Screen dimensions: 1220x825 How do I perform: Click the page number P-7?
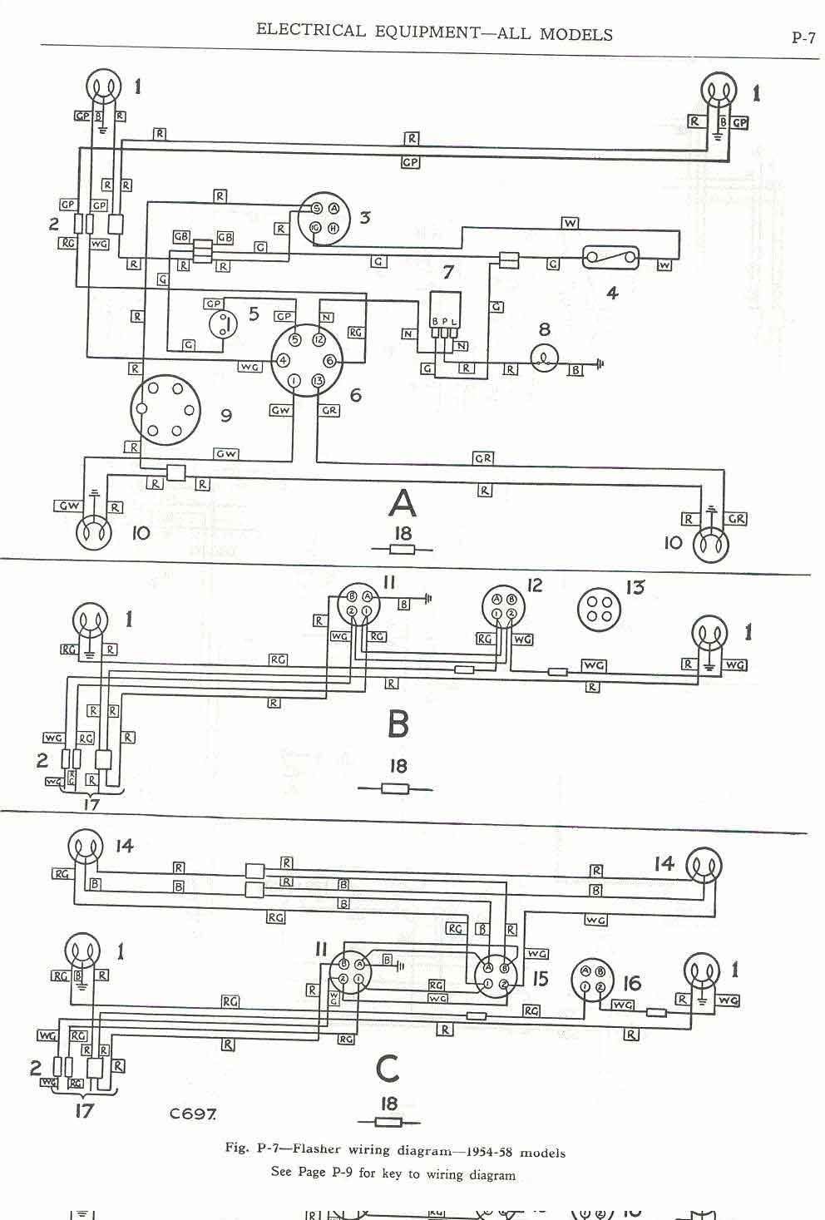803,37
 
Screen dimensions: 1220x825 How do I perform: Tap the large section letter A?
402,503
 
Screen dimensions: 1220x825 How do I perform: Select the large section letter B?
398,724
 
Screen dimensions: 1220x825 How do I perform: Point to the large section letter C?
388,1069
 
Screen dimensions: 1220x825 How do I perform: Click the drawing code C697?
193,1113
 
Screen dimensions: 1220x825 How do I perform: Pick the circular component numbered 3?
324,218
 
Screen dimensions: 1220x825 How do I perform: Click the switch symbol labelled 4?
611,258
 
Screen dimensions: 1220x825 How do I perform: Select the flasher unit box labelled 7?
444,309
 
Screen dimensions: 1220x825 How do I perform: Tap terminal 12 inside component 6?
317,340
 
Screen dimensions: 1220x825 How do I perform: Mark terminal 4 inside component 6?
284,360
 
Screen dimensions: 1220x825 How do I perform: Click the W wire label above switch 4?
570,223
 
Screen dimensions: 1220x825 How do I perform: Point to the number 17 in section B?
91,804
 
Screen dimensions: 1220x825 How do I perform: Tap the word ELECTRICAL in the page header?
310,32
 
